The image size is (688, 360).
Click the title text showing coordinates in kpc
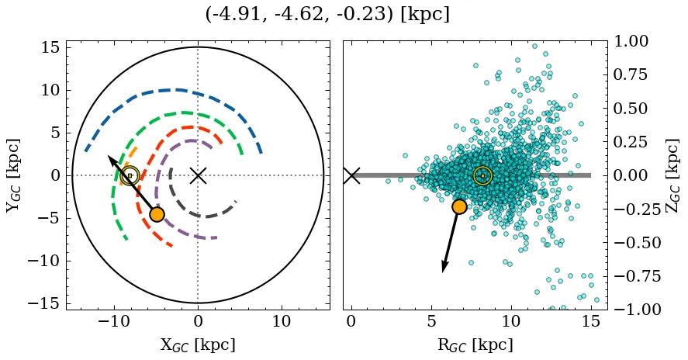327,15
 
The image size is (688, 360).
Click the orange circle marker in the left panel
157,214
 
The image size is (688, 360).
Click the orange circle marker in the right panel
459,206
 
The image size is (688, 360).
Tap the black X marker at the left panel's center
198,175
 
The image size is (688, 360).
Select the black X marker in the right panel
351,175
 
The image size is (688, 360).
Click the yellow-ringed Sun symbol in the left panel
130,176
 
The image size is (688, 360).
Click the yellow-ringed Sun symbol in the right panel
482,176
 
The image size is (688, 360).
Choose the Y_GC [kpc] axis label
14,175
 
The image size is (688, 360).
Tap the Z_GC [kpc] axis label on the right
672,175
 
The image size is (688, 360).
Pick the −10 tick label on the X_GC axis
115,322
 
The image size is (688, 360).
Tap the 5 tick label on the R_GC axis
431,322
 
